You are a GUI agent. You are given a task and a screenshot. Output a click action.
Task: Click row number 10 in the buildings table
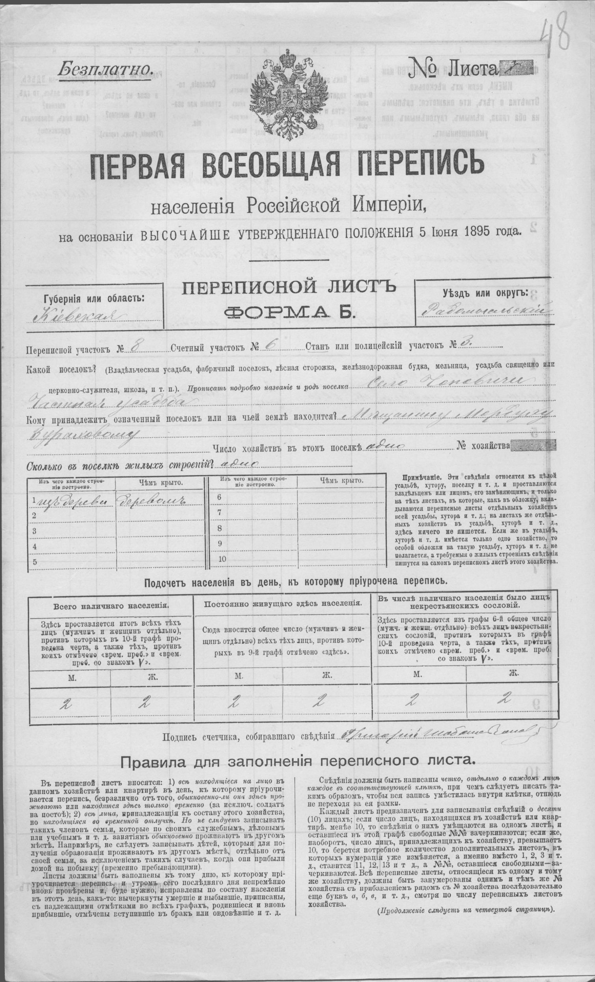coord(222,559)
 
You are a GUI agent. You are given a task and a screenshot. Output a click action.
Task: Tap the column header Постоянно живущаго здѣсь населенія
coord(283,614)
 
